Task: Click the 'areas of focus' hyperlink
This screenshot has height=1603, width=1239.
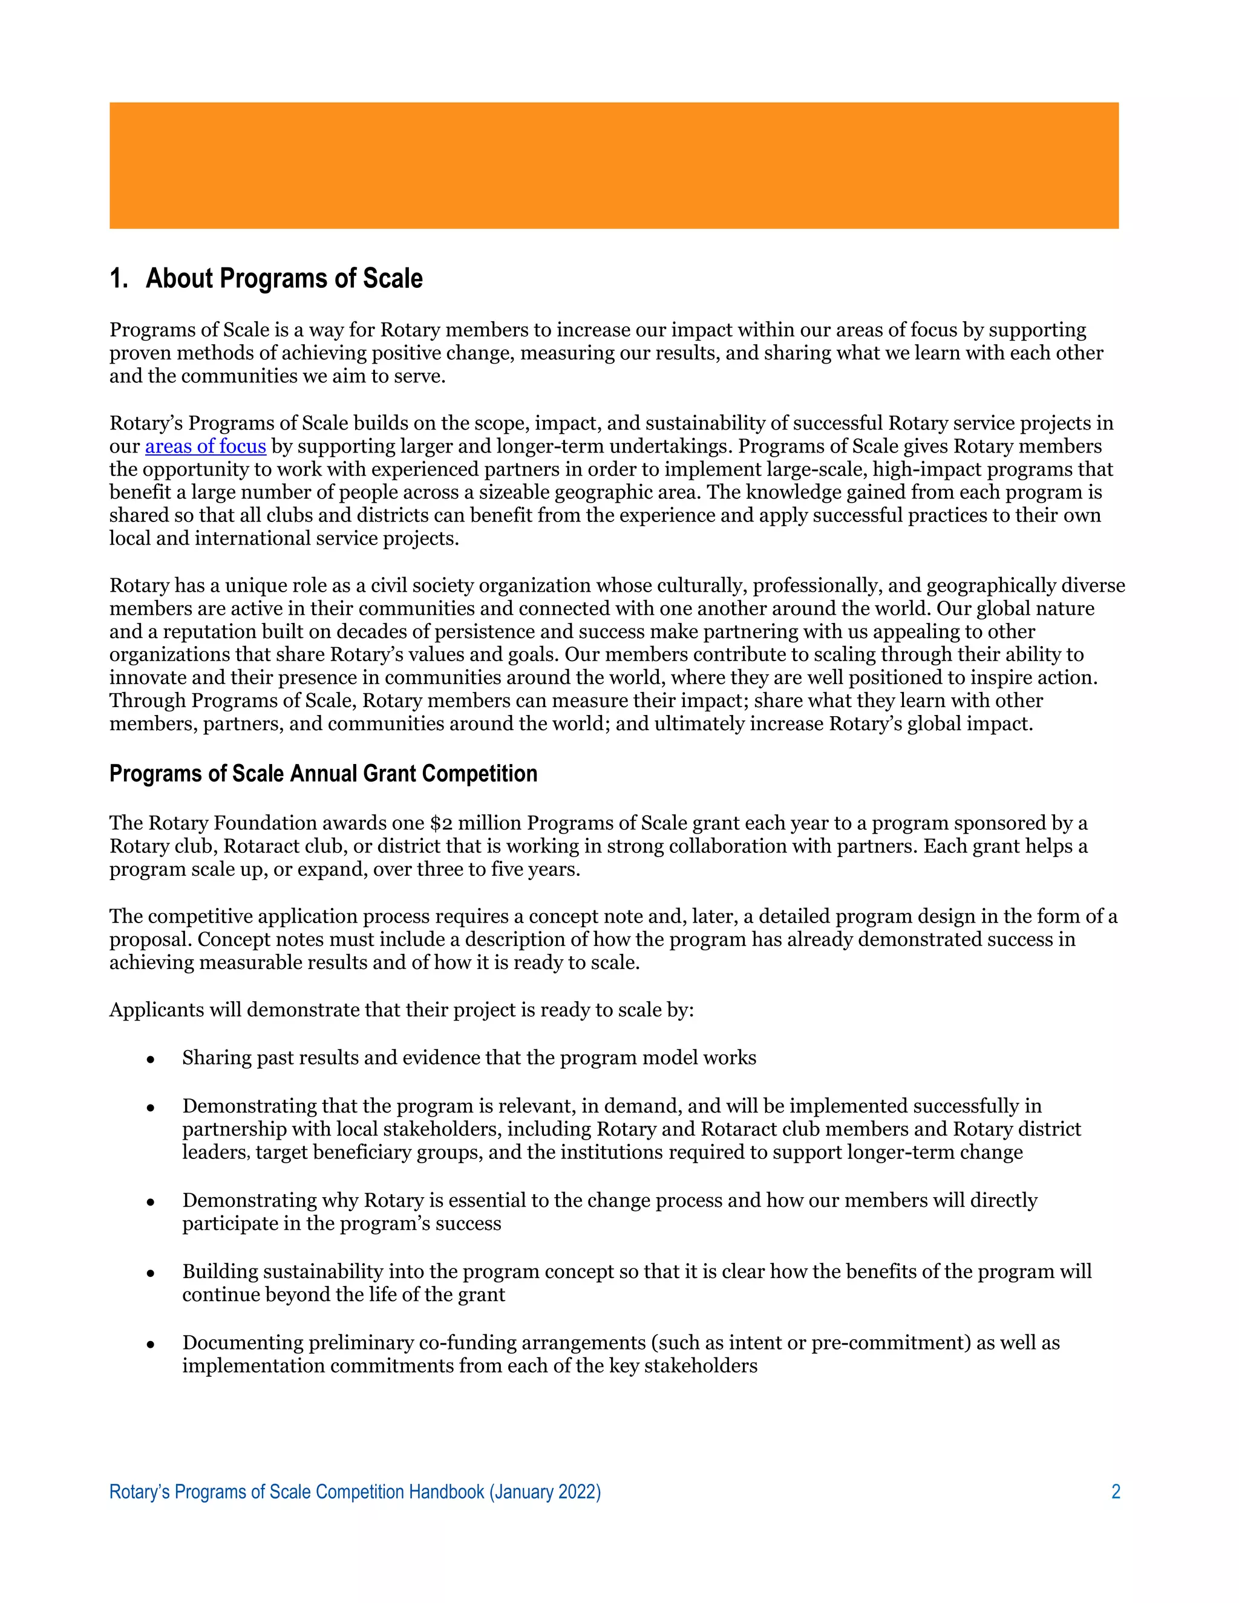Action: [x=206, y=446]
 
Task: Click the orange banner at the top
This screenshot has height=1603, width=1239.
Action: [x=613, y=166]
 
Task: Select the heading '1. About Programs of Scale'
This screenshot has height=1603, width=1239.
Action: [x=266, y=279]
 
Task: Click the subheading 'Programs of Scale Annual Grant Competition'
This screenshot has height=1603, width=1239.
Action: [x=323, y=774]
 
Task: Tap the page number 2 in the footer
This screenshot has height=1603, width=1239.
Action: [x=1116, y=1492]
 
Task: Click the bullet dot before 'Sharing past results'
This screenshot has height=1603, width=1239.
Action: [x=151, y=1059]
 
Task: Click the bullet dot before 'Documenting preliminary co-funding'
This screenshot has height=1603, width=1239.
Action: [x=151, y=1344]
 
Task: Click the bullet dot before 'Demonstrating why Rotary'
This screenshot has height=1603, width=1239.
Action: [x=151, y=1201]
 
